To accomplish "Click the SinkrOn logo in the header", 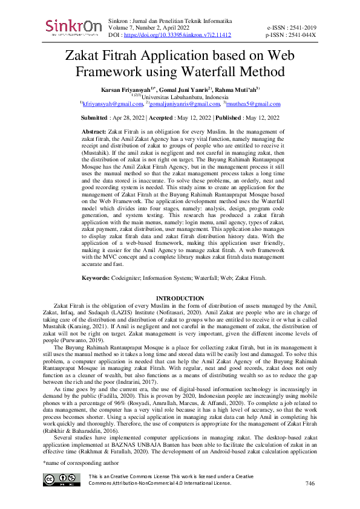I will click(71, 27).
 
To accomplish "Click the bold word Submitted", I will click(94, 117).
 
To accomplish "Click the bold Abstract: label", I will click(93, 131).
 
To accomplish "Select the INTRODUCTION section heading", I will click(180, 299).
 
